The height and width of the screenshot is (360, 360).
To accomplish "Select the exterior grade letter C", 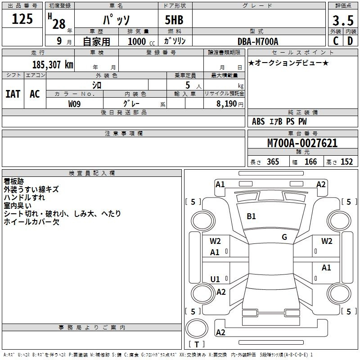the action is [335, 40].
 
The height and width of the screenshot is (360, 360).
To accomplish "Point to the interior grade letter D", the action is [350, 40].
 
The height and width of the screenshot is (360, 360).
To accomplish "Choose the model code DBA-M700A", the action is [258, 41].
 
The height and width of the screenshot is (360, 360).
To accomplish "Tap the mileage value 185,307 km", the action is [53, 64].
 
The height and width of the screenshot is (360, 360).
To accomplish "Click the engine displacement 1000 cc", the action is [139, 41].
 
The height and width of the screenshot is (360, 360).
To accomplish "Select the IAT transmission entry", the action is [13, 94].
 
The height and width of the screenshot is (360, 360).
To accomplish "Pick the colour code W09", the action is [75, 104].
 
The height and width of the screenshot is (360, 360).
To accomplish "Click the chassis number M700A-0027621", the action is [302, 144].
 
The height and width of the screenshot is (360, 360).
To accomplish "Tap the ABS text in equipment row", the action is [258, 121].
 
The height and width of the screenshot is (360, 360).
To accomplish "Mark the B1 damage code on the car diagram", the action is [251, 216].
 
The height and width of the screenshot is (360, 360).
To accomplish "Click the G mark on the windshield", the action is [284, 237].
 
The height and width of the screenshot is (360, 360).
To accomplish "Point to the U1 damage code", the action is [215, 279].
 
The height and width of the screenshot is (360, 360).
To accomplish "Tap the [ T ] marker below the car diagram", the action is [197, 344].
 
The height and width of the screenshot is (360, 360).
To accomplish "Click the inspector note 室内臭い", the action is [18, 206].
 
